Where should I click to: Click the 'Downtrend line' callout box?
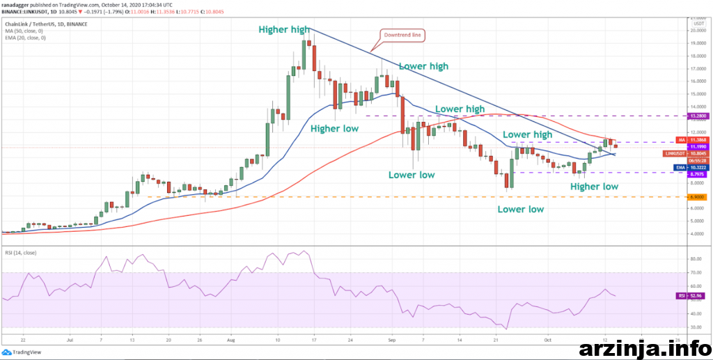pyautogui.click(x=402, y=35)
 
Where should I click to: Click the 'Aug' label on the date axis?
pyautogui.click(x=232, y=342)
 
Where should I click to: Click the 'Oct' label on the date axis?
pyautogui.click(x=549, y=342)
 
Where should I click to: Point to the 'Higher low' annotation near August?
pyautogui.click(x=334, y=129)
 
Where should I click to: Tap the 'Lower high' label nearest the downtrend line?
pyautogui.click(x=422, y=66)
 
